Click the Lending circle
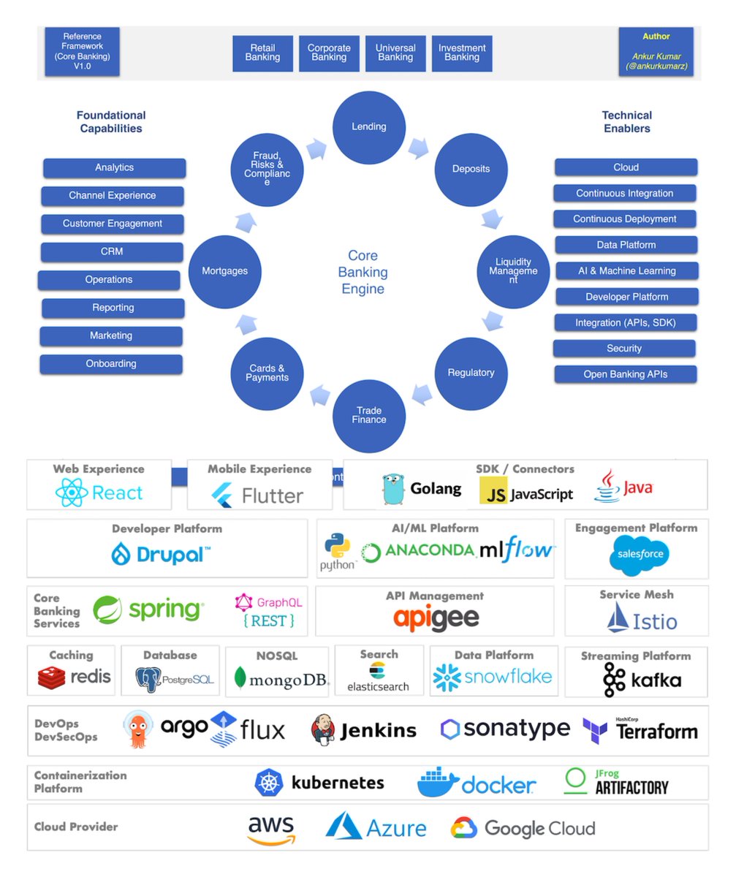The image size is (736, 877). coord(369,126)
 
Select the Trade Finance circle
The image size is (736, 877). coord(369,415)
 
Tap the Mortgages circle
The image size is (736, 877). coord(224,271)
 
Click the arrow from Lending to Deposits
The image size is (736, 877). coord(418,148)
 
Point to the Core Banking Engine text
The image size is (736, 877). coord(363,272)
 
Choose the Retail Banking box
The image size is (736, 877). coord(263,53)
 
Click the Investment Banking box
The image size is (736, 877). coord(462,53)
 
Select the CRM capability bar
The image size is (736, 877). coord(112,252)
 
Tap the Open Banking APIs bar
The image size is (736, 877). coord(626,374)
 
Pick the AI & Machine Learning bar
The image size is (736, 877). coord(626,271)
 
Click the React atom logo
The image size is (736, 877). coord(72,493)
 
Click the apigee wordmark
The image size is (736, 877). coord(436,618)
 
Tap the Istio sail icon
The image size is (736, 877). coord(618,618)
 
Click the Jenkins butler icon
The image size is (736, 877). coord(322,729)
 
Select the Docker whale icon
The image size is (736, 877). coord(438,783)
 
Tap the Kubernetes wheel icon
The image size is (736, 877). coord(268,783)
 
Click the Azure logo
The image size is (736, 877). coord(344,826)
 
